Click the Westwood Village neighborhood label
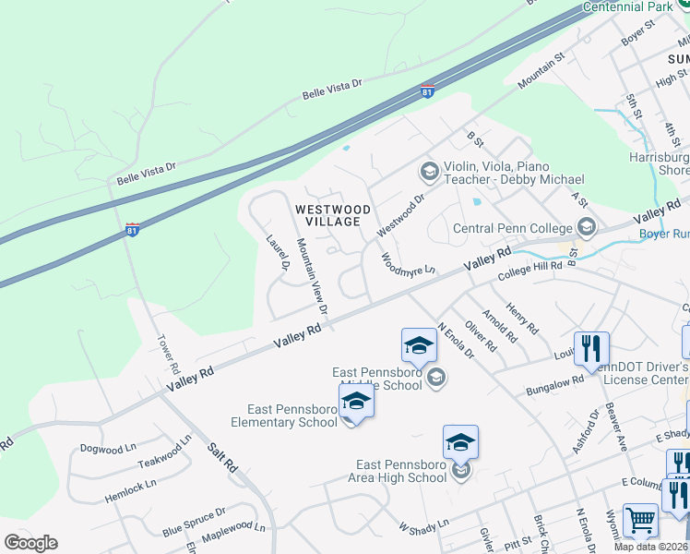click(x=333, y=216)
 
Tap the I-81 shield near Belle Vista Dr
click(x=427, y=91)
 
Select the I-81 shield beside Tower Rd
click(x=133, y=229)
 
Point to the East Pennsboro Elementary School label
click(x=292, y=415)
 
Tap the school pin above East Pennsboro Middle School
click(x=419, y=345)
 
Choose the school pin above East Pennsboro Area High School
click(x=460, y=441)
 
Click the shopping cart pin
click(x=640, y=520)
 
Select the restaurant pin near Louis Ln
click(x=591, y=348)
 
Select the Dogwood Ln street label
click(x=101, y=449)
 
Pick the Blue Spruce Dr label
click(x=195, y=523)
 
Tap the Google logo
click(x=30, y=543)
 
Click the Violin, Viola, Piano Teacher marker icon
click(x=428, y=171)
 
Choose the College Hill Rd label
click(x=529, y=271)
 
